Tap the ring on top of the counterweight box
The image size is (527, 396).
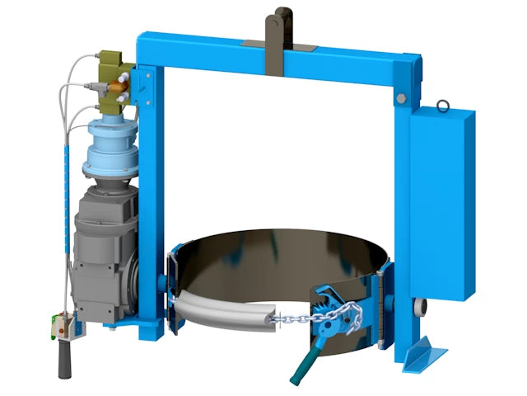442,105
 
